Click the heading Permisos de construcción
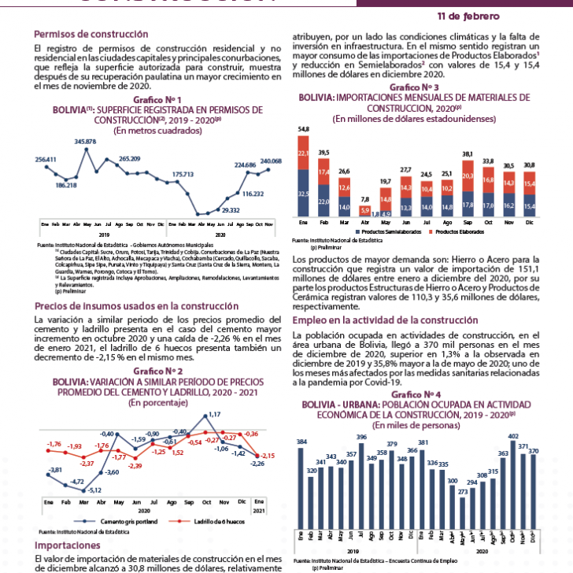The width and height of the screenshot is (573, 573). (91, 35)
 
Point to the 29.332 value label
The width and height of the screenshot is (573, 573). (231, 210)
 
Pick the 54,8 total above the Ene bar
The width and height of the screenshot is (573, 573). (303, 129)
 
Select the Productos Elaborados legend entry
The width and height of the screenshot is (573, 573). (460, 232)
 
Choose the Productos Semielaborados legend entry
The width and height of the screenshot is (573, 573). (387, 232)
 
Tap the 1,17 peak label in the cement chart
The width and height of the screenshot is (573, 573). (215, 414)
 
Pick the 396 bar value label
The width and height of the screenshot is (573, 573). (361, 437)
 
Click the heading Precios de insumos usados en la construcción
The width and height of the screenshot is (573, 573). (136, 305)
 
